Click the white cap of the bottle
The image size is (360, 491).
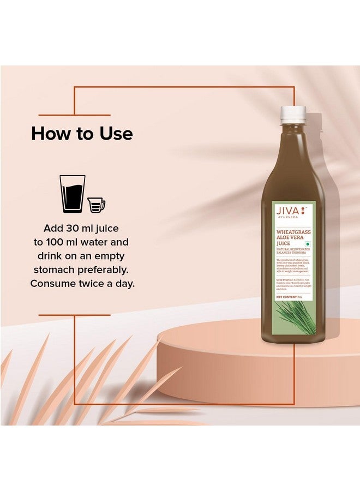point(293,113)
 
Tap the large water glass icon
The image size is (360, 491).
point(73,194)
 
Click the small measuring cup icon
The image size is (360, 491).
point(96,205)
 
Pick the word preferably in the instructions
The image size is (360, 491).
point(107,270)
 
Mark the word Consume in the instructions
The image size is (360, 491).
point(52,284)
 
